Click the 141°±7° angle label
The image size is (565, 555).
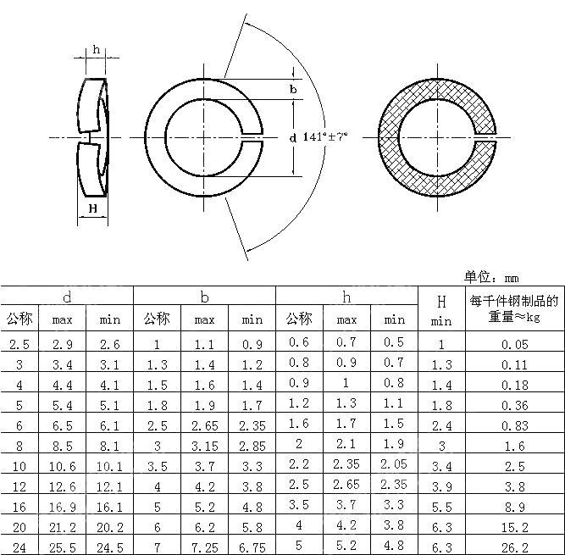click(x=325, y=136)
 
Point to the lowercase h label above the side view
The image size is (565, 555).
click(x=97, y=49)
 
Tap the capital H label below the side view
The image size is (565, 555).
click(x=92, y=208)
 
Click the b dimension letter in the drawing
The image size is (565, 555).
click(x=293, y=89)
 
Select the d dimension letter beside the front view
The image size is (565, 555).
click(x=292, y=137)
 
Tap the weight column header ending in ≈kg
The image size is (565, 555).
click(x=514, y=308)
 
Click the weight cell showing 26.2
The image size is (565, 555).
click(x=514, y=547)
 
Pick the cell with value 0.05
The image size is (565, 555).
click(x=514, y=343)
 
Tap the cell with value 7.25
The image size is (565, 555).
click(x=204, y=547)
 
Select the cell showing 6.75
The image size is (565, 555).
click(x=252, y=547)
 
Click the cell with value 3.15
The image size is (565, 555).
click(x=204, y=445)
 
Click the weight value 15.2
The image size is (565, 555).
click(x=514, y=526)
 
